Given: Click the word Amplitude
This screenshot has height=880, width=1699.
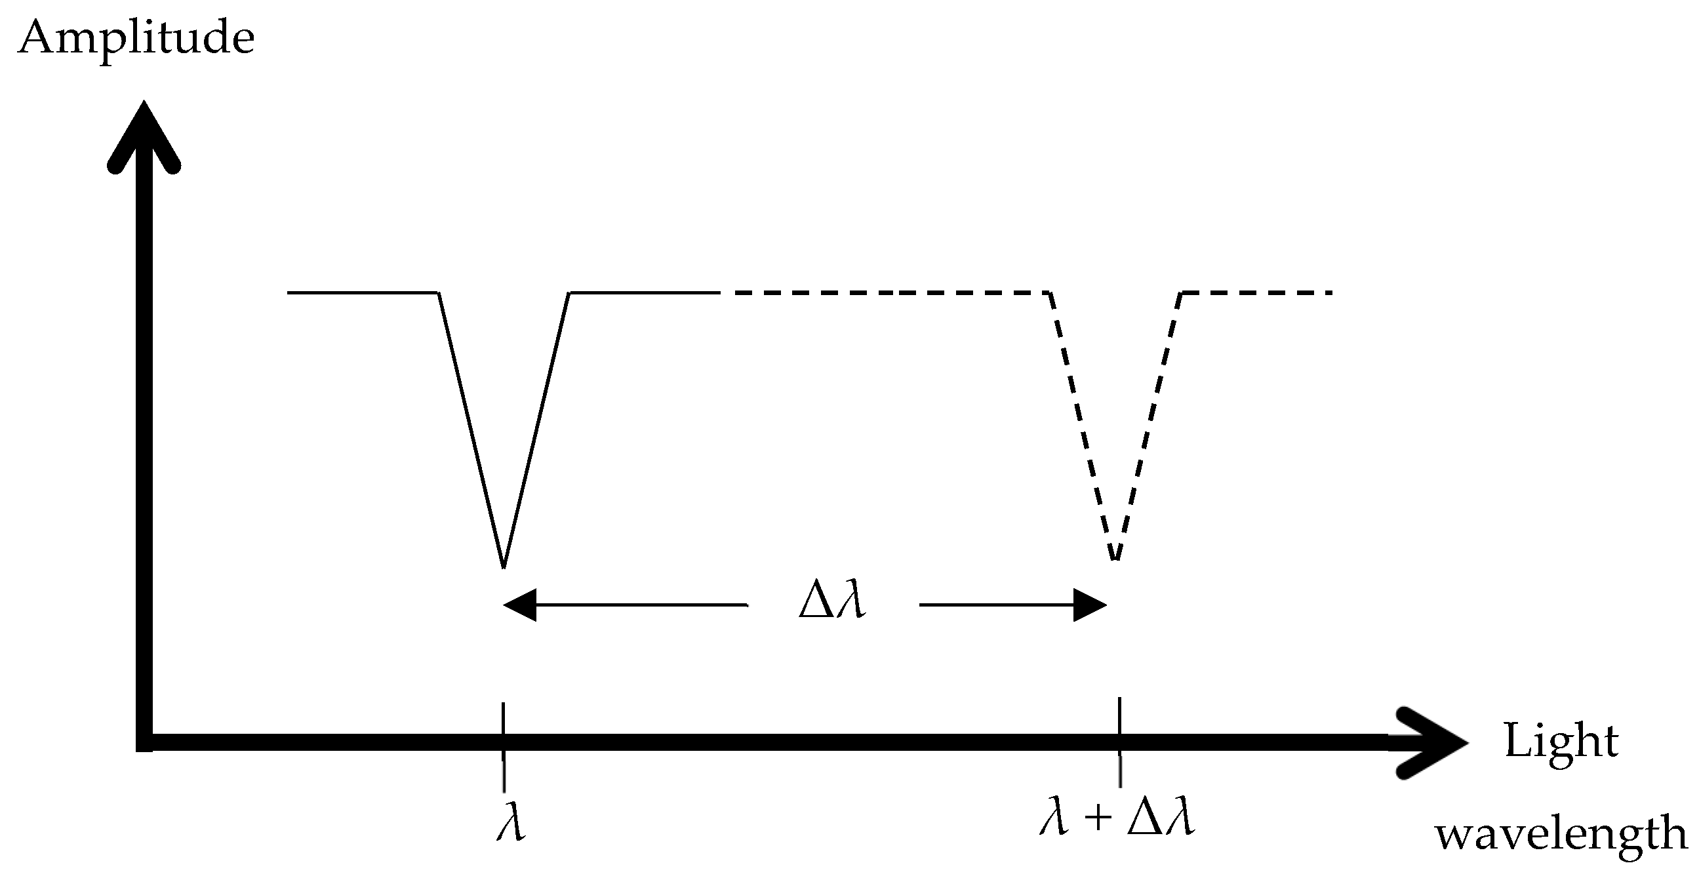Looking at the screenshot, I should point(136,38).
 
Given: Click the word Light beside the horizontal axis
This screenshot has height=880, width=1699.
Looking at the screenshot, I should point(1561,742).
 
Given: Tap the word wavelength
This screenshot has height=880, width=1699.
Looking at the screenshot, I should point(1561,834).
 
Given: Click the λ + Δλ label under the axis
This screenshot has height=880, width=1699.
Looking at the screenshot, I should point(1117,818).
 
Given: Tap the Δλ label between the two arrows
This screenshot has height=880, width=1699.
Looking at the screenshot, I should point(831,601).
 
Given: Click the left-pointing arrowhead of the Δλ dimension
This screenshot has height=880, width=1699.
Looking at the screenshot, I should point(520,604).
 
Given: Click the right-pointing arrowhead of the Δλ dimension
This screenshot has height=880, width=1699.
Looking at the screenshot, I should point(1090,604).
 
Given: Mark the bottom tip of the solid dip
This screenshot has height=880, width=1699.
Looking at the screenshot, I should point(504,566).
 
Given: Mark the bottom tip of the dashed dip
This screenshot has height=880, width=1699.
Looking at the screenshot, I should point(1115,559).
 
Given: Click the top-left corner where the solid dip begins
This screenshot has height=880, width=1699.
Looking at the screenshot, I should point(439,292).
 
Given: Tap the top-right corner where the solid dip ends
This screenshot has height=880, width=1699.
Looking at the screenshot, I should point(570,292).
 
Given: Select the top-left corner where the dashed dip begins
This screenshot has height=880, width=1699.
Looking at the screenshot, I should point(1050,292).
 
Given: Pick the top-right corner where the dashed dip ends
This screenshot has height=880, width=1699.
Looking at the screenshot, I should point(1182,292).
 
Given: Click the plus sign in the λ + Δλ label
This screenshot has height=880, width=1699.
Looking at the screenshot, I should point(1098,818).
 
